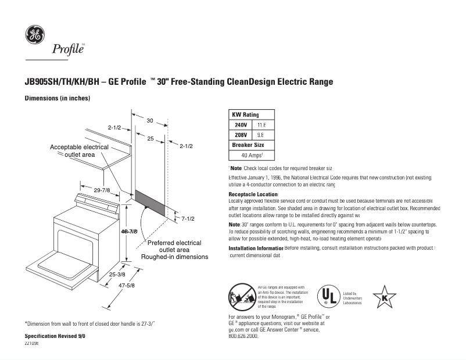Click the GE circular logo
point(34,35)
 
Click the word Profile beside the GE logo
point(69,49)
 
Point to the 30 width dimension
point(149,121)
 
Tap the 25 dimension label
point(150,139)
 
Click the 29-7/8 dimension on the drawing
point(102,190)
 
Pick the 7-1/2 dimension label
point(187,218)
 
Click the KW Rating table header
point(245,115)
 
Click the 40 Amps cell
point(252,155)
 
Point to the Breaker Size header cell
point(248,145)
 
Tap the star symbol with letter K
point(384,297)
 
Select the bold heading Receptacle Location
point(254,194)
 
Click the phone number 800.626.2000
point(243,336)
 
